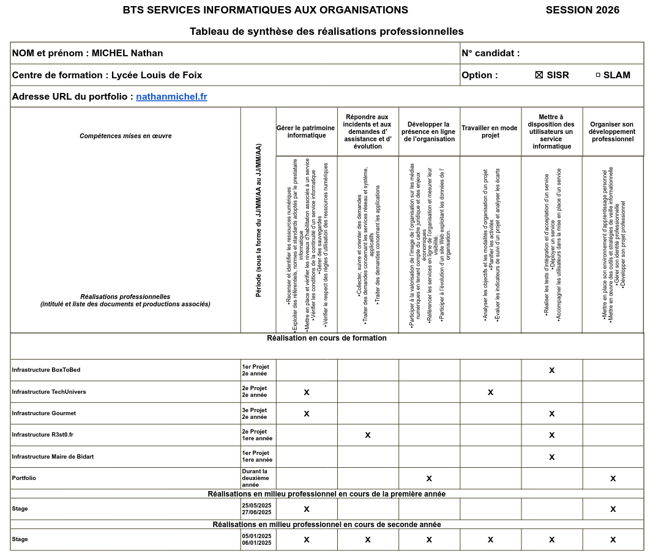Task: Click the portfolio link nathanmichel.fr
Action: (x=171, y=97)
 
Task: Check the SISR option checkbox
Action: (x=539, y=75)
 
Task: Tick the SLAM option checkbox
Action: (x=598, y=75)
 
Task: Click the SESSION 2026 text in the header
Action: (x=582, y=10)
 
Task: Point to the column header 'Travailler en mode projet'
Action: (x=490, y=131)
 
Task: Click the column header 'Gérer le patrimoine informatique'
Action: (x=306, y=131)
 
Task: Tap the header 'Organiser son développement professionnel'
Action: (x=612, y=131)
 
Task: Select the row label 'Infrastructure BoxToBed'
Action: (x=46, y=370)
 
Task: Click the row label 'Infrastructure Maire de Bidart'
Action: (x=53, y=457)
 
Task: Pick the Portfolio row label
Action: (x=24, y=478)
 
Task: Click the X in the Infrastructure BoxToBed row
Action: (x=551, y=370)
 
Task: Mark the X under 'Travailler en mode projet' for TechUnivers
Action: (x=490, y=392)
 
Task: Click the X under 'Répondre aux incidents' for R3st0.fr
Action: (x=368, y=435)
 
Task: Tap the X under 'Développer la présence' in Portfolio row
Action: (x=429, y=478)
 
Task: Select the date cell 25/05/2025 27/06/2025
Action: (x=256, y=509)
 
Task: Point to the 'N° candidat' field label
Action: (x=490, y=53)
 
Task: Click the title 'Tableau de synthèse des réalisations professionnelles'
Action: (x=326, y=31)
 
